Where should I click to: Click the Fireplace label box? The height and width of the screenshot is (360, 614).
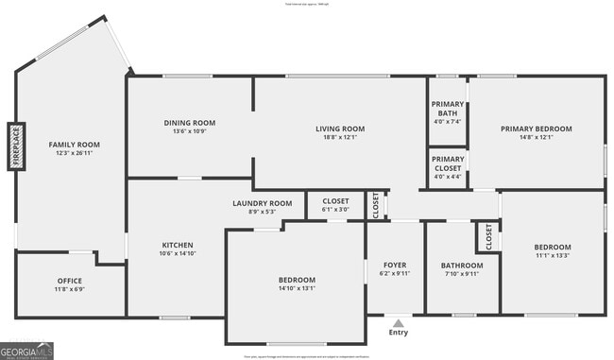click(16, 146)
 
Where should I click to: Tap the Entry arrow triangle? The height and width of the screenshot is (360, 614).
click(398, 323)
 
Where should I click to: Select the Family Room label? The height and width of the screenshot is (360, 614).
click(74, 145)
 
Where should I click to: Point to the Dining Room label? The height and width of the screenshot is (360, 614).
click(190, 123)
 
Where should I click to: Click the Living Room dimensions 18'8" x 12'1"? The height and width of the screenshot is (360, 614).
click(339, 138)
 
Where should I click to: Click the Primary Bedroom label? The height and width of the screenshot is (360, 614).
click(537, 129)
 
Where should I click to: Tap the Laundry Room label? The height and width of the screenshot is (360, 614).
click(263, 203)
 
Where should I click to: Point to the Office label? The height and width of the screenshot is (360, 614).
click(69, 281)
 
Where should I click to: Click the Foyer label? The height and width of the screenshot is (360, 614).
click(395, 265)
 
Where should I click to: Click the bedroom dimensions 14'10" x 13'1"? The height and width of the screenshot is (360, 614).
click(297, 289)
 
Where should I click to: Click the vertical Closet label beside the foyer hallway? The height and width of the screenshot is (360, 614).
click(376, 205)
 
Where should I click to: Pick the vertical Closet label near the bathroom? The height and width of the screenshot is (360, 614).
click(489, 236)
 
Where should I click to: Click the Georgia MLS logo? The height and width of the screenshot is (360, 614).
click(27, 351)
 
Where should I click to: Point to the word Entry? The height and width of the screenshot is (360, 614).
click(398, 333)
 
